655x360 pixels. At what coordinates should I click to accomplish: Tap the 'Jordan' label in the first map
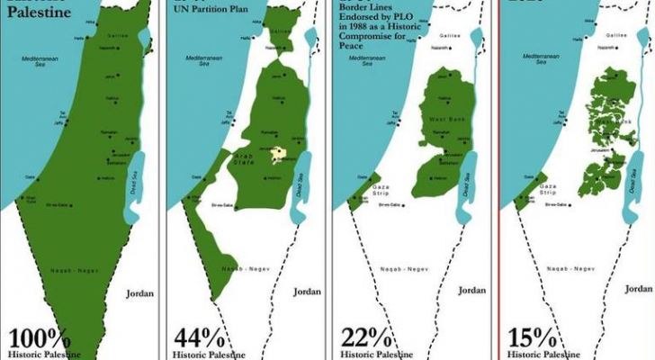point(139,292)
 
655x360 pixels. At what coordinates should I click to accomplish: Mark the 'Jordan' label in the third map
point(472,290)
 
